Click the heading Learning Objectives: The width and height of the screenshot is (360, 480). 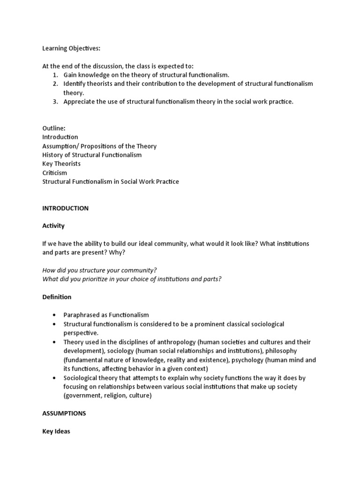coord(71,48)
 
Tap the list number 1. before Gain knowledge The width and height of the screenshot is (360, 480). coord(55,75)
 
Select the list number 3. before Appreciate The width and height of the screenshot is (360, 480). coord(55,102)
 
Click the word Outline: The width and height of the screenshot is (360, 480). coord(53,128)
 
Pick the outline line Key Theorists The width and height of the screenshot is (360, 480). coord(61,164)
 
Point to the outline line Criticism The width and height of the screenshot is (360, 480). coord(55,172)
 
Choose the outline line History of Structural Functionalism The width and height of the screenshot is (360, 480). coord(92,155)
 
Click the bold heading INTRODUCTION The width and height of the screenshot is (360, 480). coord(65,208)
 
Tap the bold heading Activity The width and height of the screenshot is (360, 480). coord(53,226)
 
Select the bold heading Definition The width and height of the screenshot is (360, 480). coord(57,297)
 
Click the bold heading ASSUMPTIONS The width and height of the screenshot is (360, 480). coord(64,414)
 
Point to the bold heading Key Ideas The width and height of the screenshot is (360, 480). coord(56,431)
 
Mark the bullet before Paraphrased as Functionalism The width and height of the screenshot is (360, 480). coord(54,315)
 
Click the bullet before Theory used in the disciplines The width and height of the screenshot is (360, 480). coord(54,342)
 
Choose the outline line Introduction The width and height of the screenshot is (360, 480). coord(60,137)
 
